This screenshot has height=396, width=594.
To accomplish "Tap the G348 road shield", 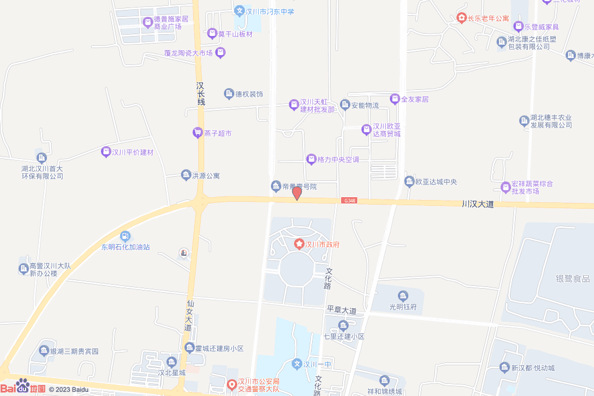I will [x=349, y=201].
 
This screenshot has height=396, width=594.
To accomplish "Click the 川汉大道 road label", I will [x=477, y=204].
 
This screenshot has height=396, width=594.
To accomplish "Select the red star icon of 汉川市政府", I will [x=299, y=245].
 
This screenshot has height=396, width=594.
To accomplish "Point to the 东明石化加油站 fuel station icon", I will [x=125, y=236].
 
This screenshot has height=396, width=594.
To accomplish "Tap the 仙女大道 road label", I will [x=189, y=315].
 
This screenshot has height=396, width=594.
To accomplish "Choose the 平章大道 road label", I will [x=341, y=311].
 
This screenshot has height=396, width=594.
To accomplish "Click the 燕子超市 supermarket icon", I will [x=198, y=133].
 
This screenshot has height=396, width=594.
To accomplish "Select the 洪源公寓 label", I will [x=206, y=175].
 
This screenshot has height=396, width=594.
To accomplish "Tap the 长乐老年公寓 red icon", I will [x=461, y=19].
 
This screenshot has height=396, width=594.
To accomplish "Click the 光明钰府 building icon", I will [x=403, y=296].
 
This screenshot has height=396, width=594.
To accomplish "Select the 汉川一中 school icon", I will [x=297, y=364].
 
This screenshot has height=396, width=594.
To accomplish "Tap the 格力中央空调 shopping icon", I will [x=312, y=159].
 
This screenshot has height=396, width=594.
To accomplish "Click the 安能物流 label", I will [x=365, y=105].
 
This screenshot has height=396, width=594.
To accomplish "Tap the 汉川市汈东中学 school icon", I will [x=239, y=11].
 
